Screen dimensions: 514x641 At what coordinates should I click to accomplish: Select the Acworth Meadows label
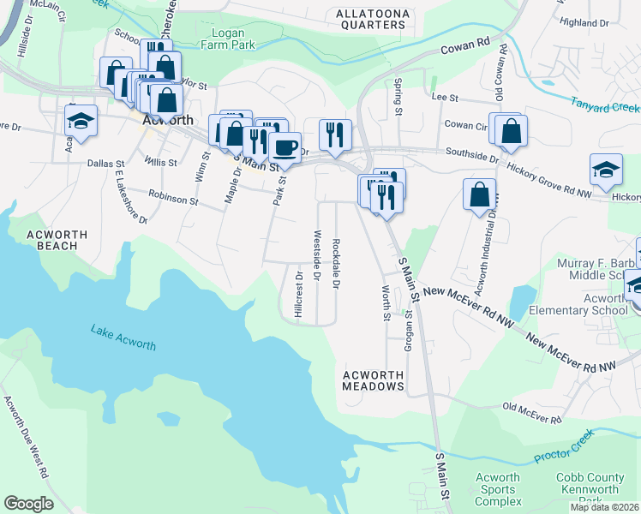click(x=373, y=380)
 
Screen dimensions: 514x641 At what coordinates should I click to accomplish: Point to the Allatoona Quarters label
click(x=371, y=19)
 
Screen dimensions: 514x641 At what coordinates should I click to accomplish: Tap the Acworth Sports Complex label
click(x=497, y=489)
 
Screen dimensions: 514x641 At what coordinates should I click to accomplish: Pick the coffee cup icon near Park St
click(x=285, y=146)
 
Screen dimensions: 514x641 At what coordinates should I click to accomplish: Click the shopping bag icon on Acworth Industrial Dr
click(x=479, y=193)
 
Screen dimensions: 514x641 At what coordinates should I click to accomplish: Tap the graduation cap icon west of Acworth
click(x=81, y=121)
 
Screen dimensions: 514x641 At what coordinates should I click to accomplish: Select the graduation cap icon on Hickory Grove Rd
click(x=606, y=168)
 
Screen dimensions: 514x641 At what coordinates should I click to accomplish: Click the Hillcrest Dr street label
click(x=299, y=296)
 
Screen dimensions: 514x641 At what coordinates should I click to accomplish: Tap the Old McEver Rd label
click(x=531, y=414)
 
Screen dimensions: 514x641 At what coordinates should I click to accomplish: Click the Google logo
click(x=28, y=504)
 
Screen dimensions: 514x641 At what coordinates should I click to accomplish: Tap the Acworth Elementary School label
click(x=592, y=304)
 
